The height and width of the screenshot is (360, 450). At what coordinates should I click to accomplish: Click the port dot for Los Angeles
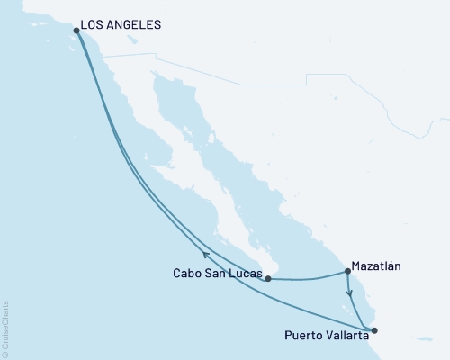76,30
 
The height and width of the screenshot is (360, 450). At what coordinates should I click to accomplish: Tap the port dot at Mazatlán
347,271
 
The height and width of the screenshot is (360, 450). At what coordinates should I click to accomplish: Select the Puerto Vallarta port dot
374,329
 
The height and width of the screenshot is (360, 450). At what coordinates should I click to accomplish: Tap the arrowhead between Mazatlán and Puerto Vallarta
349,292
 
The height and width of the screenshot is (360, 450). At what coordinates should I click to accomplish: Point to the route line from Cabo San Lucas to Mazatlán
306,278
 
